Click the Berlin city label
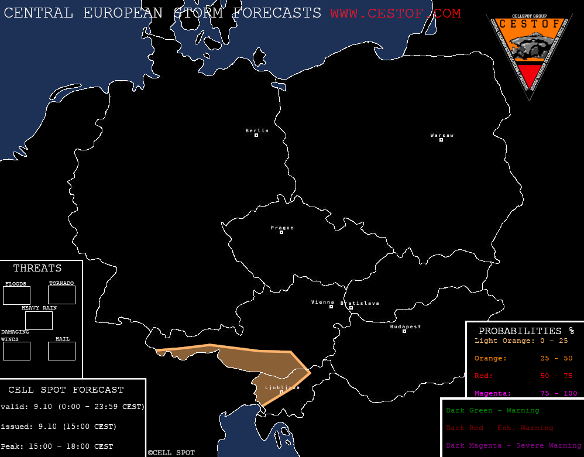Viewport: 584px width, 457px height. pos(257,130)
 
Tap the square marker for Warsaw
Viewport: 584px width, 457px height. pos(441,140)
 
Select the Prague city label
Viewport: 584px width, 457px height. pos(282,228)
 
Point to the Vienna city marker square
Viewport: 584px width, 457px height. pos(331,307)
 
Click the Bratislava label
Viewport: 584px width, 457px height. pos(360,303)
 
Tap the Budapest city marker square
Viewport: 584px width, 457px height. pos(404,331)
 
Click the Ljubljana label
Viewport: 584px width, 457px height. pos(282,387)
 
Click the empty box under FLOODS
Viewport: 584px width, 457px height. pos(16,295)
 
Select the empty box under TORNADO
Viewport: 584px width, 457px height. pos(61,295)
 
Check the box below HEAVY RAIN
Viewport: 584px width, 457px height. pos(39,321)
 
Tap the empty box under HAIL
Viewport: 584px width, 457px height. pos(61,351)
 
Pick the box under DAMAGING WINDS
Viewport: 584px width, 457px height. pos(16,351)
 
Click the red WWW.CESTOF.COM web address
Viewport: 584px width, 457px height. pos(395,13)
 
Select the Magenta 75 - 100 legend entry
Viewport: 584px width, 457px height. pos(525,393)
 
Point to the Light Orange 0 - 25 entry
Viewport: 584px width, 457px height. pos(521,341)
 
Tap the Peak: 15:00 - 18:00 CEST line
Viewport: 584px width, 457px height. pos(57,446)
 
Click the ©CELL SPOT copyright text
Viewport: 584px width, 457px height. pos(171,453)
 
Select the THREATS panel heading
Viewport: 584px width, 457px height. pos(37,269)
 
